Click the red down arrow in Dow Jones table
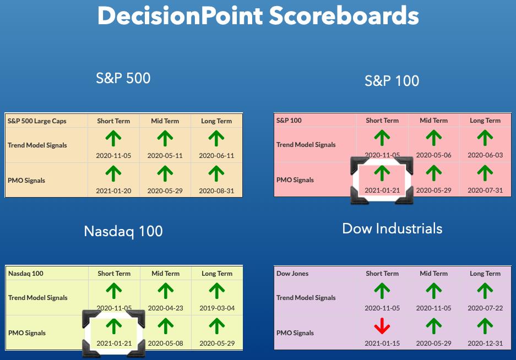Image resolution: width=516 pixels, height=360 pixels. tap(382, 326)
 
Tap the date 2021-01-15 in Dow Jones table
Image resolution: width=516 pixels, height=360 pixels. tap(382, 343)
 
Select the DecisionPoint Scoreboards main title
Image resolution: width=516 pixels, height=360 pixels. tap(258, 15)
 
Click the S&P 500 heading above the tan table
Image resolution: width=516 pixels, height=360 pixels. tap(123, 78)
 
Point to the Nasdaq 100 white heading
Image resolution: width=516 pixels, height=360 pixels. tap(123, 231)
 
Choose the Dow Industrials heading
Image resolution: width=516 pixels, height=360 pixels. tap(392, 228)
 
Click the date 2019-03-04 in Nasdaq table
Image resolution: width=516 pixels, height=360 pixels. tap(217, 308)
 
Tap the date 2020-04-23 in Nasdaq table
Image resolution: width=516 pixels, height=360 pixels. tap(166, 308)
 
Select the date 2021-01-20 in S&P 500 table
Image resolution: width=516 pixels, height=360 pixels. tap(113, 191)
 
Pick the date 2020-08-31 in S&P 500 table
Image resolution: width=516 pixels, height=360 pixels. tap(216, 191)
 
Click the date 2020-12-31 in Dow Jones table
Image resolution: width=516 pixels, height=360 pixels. tap(485, 343)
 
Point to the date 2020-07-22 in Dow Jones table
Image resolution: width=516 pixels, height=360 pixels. tap(485, 308)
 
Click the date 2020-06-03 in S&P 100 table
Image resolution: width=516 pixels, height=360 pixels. tap(485, 155)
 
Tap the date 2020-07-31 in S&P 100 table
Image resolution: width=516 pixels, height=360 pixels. tap(485, 190)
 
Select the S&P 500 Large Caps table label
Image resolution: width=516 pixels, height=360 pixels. tap(37, 121)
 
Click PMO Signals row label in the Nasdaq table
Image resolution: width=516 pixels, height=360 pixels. tap(27, 333)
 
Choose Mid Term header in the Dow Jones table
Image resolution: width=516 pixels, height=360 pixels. tap(434, 274)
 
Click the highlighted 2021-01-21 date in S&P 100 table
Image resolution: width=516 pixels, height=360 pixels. tap(382, 190)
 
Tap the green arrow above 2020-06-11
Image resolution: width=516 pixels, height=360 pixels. tap(216, 138)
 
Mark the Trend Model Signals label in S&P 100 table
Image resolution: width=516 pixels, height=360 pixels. tap(306, 145)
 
